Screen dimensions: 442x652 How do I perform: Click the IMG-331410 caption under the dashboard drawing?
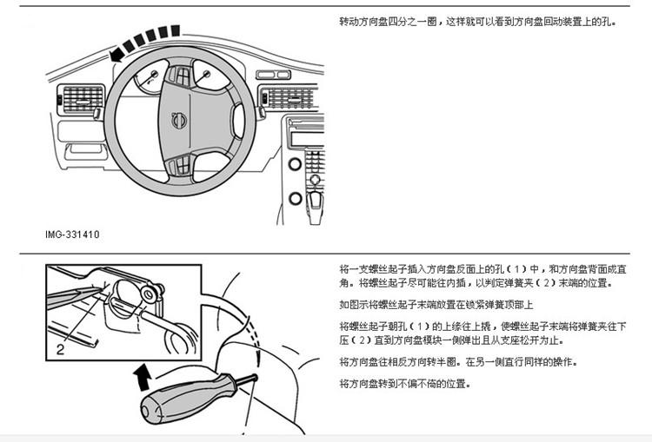pyautogui.click(x=72, y=234)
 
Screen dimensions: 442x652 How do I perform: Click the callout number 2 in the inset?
pyautogui.click(x=60, y=350)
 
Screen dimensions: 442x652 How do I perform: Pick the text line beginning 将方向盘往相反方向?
pyautogui.click(x=457, y=361)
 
